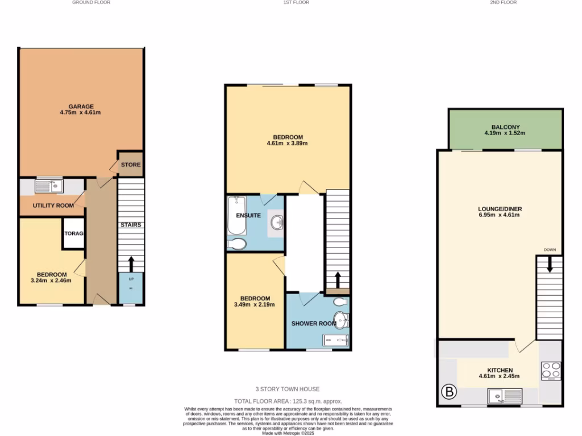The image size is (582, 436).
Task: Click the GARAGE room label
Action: [81, 106]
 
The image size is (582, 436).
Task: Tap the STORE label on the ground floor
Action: [130, 165]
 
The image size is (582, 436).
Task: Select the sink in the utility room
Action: [48, 186]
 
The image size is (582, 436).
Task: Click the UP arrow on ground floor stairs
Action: [131, 265]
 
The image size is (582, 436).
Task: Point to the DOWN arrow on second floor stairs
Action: [550, 265]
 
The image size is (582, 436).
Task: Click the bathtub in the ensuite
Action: [236, 216]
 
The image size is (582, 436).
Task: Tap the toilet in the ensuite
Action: [237, 244]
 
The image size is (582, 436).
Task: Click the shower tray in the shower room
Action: [336, 340]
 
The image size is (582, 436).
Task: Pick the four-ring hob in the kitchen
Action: [551, 371]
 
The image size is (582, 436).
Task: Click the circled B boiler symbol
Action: [449, 392]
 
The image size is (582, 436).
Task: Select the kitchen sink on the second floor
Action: [504, 395]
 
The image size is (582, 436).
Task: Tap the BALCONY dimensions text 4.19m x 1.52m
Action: [505, 133]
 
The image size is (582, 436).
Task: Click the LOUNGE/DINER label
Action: [500, 209]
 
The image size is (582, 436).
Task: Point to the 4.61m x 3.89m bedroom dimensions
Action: [288, 144]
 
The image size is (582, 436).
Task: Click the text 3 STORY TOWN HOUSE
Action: [288, 389]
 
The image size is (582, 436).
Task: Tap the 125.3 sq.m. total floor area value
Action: [311, 401]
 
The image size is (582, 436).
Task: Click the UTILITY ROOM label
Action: [53, 206]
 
